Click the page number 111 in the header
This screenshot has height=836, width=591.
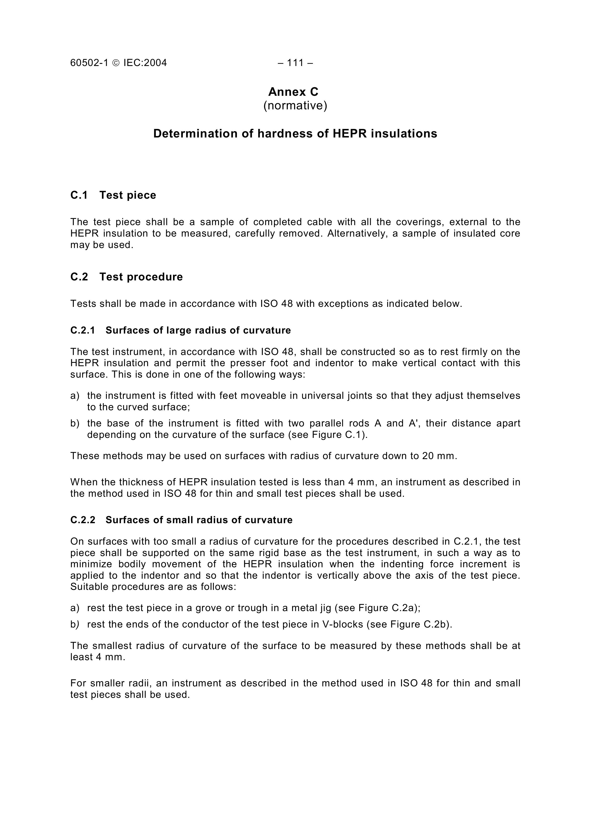tap(295, 63)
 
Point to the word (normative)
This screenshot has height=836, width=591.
tap(295, 106)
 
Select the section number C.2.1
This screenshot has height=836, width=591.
tap(83, 330)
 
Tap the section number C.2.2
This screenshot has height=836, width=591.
tap(83, 520)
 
